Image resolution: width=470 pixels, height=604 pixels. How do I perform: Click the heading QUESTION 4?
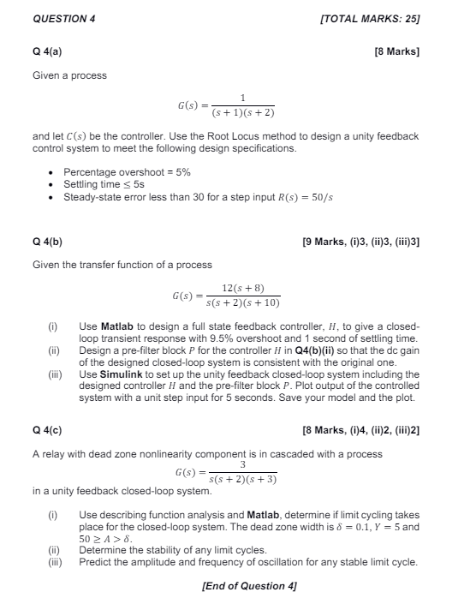pos(62,18)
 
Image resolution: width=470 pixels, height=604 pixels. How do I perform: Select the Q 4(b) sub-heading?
pos(47,242)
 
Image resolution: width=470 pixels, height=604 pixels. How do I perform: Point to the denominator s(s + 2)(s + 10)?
pos(242,303)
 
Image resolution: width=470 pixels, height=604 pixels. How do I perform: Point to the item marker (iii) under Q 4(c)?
pos(56,562)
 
